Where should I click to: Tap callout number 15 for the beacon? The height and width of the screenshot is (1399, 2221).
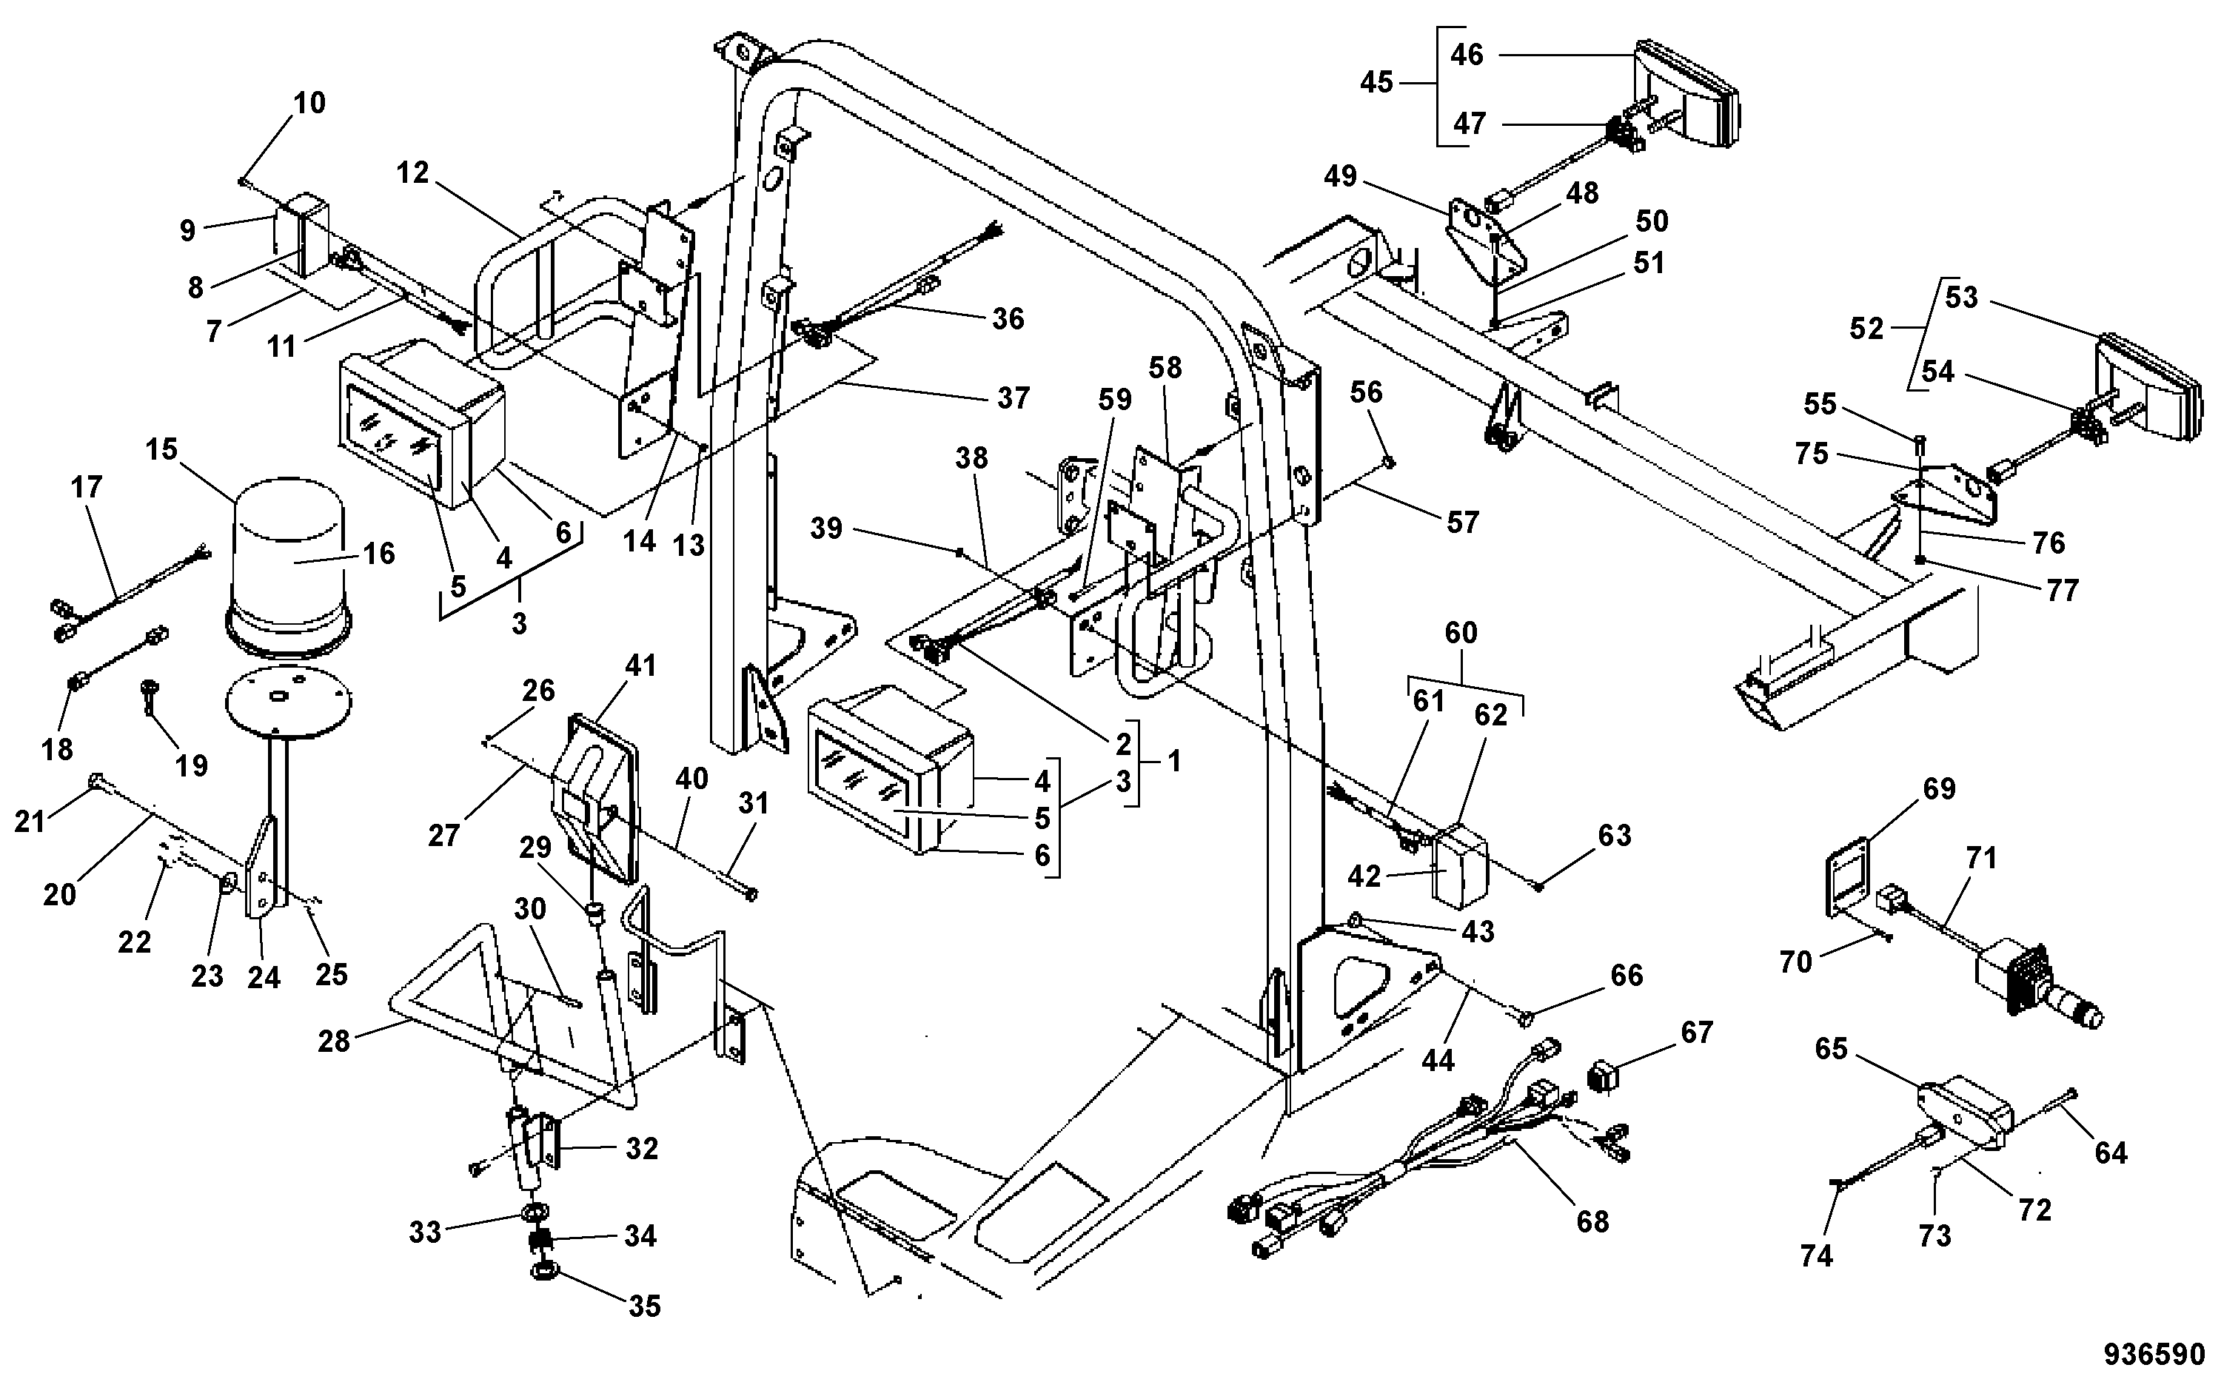pos(161,449)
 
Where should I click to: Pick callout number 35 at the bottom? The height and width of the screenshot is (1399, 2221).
pos(644,1306)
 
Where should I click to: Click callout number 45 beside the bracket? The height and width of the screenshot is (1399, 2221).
pos(1376,82)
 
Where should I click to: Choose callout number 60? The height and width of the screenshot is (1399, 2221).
pos(1461,633)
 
